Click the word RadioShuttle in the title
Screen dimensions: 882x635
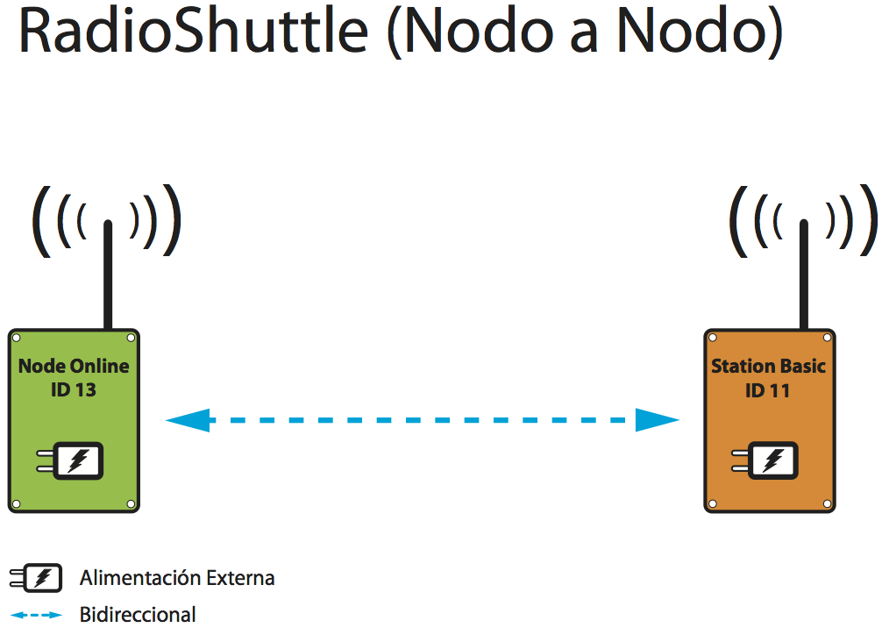coord(194,31)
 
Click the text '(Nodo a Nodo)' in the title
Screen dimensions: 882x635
coord(585,32)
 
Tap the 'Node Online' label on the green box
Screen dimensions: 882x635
coord(74,366)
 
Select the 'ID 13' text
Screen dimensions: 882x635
coord(74,389)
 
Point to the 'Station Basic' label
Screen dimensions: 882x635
coord(768,366)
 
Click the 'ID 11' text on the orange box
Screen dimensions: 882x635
coord(768,390)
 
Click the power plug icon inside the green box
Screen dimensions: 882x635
coord(70,460)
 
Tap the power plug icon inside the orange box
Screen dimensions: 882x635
coord(765,460)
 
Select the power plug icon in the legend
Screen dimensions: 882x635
coord(36,578)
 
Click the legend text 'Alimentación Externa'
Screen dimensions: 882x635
coord(177,578)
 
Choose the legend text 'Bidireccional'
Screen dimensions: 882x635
coord(138,615)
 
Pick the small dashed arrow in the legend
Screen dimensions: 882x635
coord(36,615)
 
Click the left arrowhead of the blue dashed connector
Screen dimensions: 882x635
coord(188,420)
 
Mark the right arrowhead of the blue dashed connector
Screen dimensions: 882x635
coord(658,420)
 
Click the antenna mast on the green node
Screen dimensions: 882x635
coord(108,275)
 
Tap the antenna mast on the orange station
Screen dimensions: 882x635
coord(804,275)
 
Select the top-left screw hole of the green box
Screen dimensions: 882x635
coord(17,338)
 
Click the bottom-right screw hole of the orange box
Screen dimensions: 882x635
coord(827,503)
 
